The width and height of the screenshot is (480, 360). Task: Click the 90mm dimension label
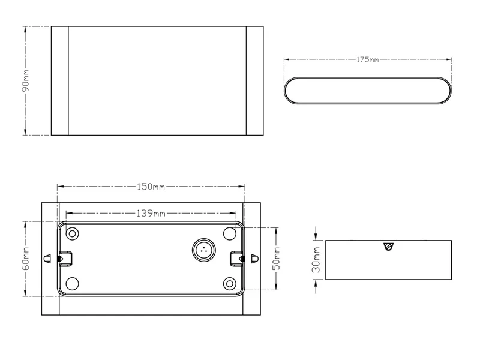tap(25, 80)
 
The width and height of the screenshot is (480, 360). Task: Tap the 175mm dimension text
tap(368, 59)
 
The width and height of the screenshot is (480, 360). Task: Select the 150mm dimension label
tap(151, 187)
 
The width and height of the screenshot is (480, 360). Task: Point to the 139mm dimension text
tap(151, 213)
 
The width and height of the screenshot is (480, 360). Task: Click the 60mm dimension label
tap(26, 259)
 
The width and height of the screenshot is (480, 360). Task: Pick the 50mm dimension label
tap(277, 259)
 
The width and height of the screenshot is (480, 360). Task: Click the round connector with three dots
tap(203, 250)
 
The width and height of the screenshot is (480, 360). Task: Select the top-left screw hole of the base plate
tap(72, 234)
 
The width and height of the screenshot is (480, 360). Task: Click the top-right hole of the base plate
tap(230, 234)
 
